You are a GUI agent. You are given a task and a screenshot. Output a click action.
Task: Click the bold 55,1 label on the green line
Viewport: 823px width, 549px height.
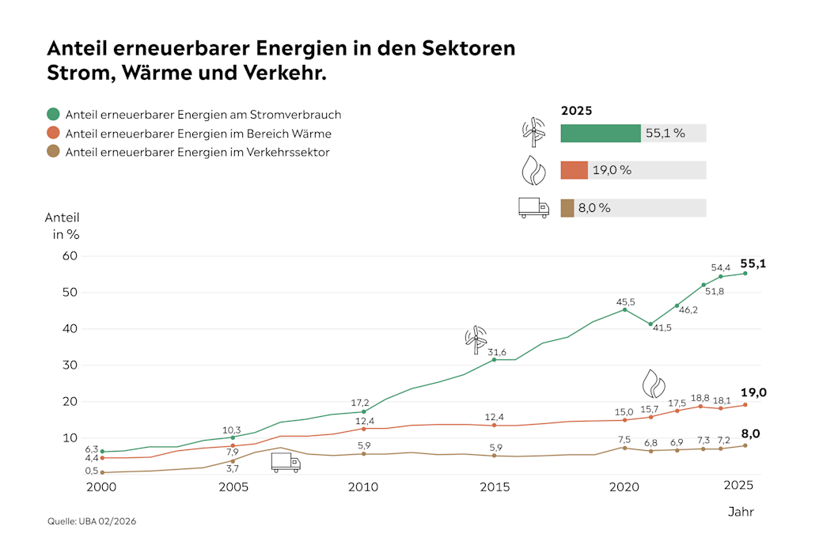[x=753, y=264]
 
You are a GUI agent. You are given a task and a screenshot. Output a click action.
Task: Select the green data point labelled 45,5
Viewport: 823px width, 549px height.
[x=624, y=309]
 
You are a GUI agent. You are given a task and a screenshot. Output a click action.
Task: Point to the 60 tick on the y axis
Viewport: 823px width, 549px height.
[x=70, y=256]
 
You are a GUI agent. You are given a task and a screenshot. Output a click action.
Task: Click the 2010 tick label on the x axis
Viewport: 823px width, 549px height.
[x=362, y=487]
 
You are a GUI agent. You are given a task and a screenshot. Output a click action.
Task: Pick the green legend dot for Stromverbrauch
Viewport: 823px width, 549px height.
[x=53, y=115]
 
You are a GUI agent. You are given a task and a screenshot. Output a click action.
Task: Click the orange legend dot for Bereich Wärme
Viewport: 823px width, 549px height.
[x=53, y=134]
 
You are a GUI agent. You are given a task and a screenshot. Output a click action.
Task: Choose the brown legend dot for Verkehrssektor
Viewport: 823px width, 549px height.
[x=53, y=153]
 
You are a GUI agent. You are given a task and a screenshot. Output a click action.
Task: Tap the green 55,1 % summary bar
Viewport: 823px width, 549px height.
[x=600, y=133]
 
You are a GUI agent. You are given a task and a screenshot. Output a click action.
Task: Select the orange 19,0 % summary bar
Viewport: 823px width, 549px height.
[x=574, y=170]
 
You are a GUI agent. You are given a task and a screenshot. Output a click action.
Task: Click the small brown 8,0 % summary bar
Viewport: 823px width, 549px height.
[x=567, y=208]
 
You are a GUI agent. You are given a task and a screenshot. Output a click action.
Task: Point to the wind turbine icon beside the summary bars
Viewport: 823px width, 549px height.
[x=534, y=132]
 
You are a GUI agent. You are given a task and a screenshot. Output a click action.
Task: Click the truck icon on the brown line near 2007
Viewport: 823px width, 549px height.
[x=286, y=463]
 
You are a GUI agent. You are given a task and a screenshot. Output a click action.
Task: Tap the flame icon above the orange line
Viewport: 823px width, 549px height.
[x=653, y=383]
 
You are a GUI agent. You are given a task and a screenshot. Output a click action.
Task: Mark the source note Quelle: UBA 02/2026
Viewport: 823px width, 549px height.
[x=86, y=521]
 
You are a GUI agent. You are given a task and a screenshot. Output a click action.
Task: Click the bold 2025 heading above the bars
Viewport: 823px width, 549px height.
[x=576, y=111]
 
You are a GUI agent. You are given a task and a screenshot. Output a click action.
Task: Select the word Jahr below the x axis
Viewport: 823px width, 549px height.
[x=741, y=512]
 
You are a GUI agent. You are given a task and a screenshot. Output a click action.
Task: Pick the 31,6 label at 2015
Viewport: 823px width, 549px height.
[x=496, y=352]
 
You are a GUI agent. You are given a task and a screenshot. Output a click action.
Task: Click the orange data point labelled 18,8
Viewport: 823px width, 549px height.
[x=700, y=407]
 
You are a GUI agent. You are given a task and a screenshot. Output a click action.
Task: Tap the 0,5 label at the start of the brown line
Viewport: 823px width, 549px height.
[x=92, y=471]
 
